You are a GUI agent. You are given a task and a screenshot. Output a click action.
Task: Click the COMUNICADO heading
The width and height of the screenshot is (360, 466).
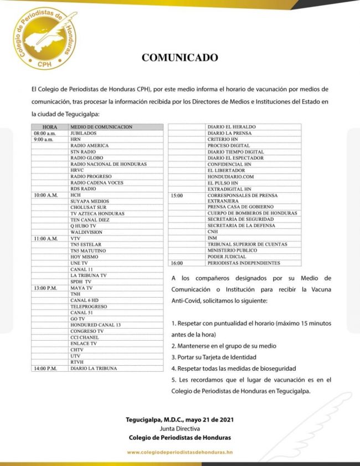tap(179, 57)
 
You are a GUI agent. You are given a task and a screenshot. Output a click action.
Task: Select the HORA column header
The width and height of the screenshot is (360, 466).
tap(50, 127)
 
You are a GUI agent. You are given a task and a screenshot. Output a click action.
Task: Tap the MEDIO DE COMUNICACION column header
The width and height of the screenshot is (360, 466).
tap(101, 127)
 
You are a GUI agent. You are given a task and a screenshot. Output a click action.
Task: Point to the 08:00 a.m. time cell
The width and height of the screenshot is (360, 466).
tap(45, 134)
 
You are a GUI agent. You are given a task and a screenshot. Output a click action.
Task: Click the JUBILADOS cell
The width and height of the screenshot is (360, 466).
tap(84, 134)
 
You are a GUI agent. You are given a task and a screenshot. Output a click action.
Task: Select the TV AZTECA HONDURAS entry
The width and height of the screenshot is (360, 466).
tap(97, 214)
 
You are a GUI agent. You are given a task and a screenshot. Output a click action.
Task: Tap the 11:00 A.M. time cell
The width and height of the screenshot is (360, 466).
tap(45, 239)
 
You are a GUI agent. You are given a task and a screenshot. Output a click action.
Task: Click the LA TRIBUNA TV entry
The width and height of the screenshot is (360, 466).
tap(89, 275)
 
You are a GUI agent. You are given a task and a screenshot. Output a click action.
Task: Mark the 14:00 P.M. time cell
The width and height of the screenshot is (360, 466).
tap(45, 368)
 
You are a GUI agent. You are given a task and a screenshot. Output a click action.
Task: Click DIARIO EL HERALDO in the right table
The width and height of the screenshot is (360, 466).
tap(229, 127)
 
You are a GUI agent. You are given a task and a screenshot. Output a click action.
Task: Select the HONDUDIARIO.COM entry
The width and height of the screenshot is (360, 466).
tap(230, 177)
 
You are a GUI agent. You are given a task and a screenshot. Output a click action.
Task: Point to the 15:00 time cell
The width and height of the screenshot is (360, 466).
tap(177, 196)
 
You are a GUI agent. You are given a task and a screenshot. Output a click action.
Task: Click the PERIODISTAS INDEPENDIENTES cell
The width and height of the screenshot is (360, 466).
tap(244, 263)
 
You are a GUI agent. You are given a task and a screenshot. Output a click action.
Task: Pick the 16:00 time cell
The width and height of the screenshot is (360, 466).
tap(177, 263)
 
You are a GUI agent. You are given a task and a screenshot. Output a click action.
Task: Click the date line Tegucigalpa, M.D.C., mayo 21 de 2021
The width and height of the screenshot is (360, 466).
tap(179, 419)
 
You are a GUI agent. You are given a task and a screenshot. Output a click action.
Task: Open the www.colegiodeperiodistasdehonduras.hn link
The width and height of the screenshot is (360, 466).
tap(179, 452)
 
